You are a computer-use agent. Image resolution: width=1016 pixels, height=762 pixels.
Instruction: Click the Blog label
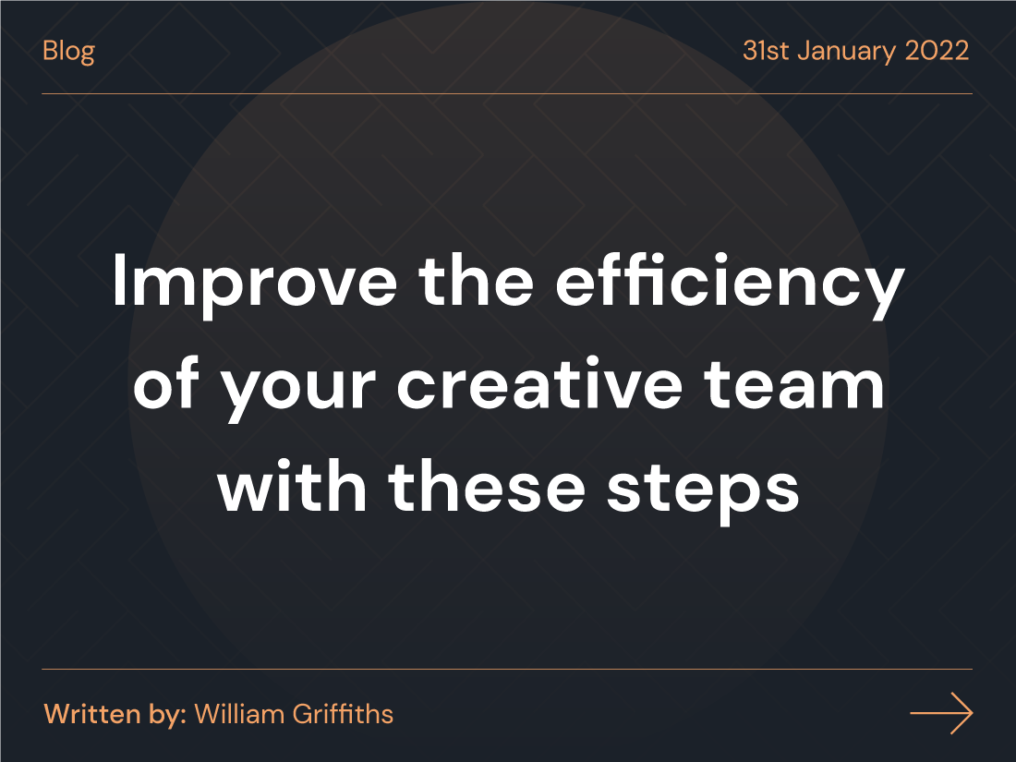pos(68,51)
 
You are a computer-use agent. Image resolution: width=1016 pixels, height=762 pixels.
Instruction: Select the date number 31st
pos(766,50)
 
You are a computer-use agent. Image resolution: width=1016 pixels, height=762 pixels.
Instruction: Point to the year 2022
pos(937,50)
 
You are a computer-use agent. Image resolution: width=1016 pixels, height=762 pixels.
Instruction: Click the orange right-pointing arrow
pos(941,714)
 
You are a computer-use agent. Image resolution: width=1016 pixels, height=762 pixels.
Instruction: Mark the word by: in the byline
pos(164,715)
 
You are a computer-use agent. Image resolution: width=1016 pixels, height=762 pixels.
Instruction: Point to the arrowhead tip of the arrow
pos(971,714)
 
